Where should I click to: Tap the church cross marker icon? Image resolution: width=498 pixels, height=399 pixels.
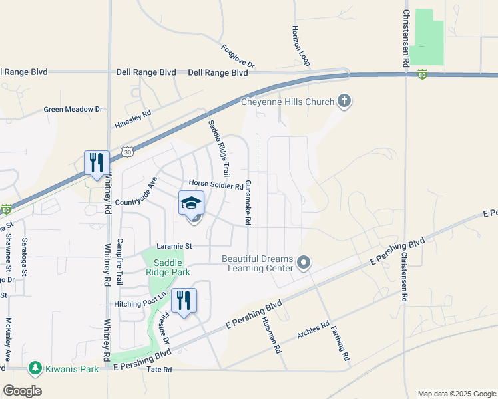pyautogui.click(x=344, y=101)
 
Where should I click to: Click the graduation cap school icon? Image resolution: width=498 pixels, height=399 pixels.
pyautogui.click(x=191, y=203)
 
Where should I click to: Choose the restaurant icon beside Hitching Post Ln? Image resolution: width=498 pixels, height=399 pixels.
pyautogui.click(x=184, y=300)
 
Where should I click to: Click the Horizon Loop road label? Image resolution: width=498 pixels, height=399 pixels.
pyautogui.click(x=301, y=46)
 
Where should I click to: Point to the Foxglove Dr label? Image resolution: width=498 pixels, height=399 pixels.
pyautogui.click(x=238, y=57)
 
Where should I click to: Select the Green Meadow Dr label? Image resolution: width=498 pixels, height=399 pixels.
pyautogui.click(x=73, y=109)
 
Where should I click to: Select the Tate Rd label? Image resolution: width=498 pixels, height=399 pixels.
pyautogui.click(x=159, y=370)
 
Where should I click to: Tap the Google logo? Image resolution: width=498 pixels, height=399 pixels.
pyautogui.click(x=22, y=390)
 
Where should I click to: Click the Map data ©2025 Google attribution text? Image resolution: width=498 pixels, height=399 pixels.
pyautogui.click(x=456, y=394)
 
